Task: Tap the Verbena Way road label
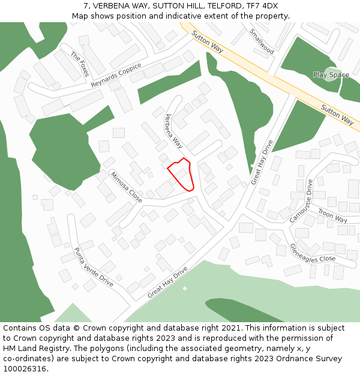pos(173,131)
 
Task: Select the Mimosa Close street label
pos(126,187)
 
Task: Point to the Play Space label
pos(331,75)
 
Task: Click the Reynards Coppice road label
pos(116,75)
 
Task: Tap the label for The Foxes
pos(80,64)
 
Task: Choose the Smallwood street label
pos(262,41)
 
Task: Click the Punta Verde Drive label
pos(93,266)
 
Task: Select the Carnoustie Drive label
pos(301,201)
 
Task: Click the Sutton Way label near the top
pos(208,42)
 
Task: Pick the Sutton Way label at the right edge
pos(337,114)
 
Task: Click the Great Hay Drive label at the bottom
pos(167,282)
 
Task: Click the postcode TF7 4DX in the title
pos(262,6)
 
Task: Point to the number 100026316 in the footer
pos(25,369)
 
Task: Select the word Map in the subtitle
pos(80,16)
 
